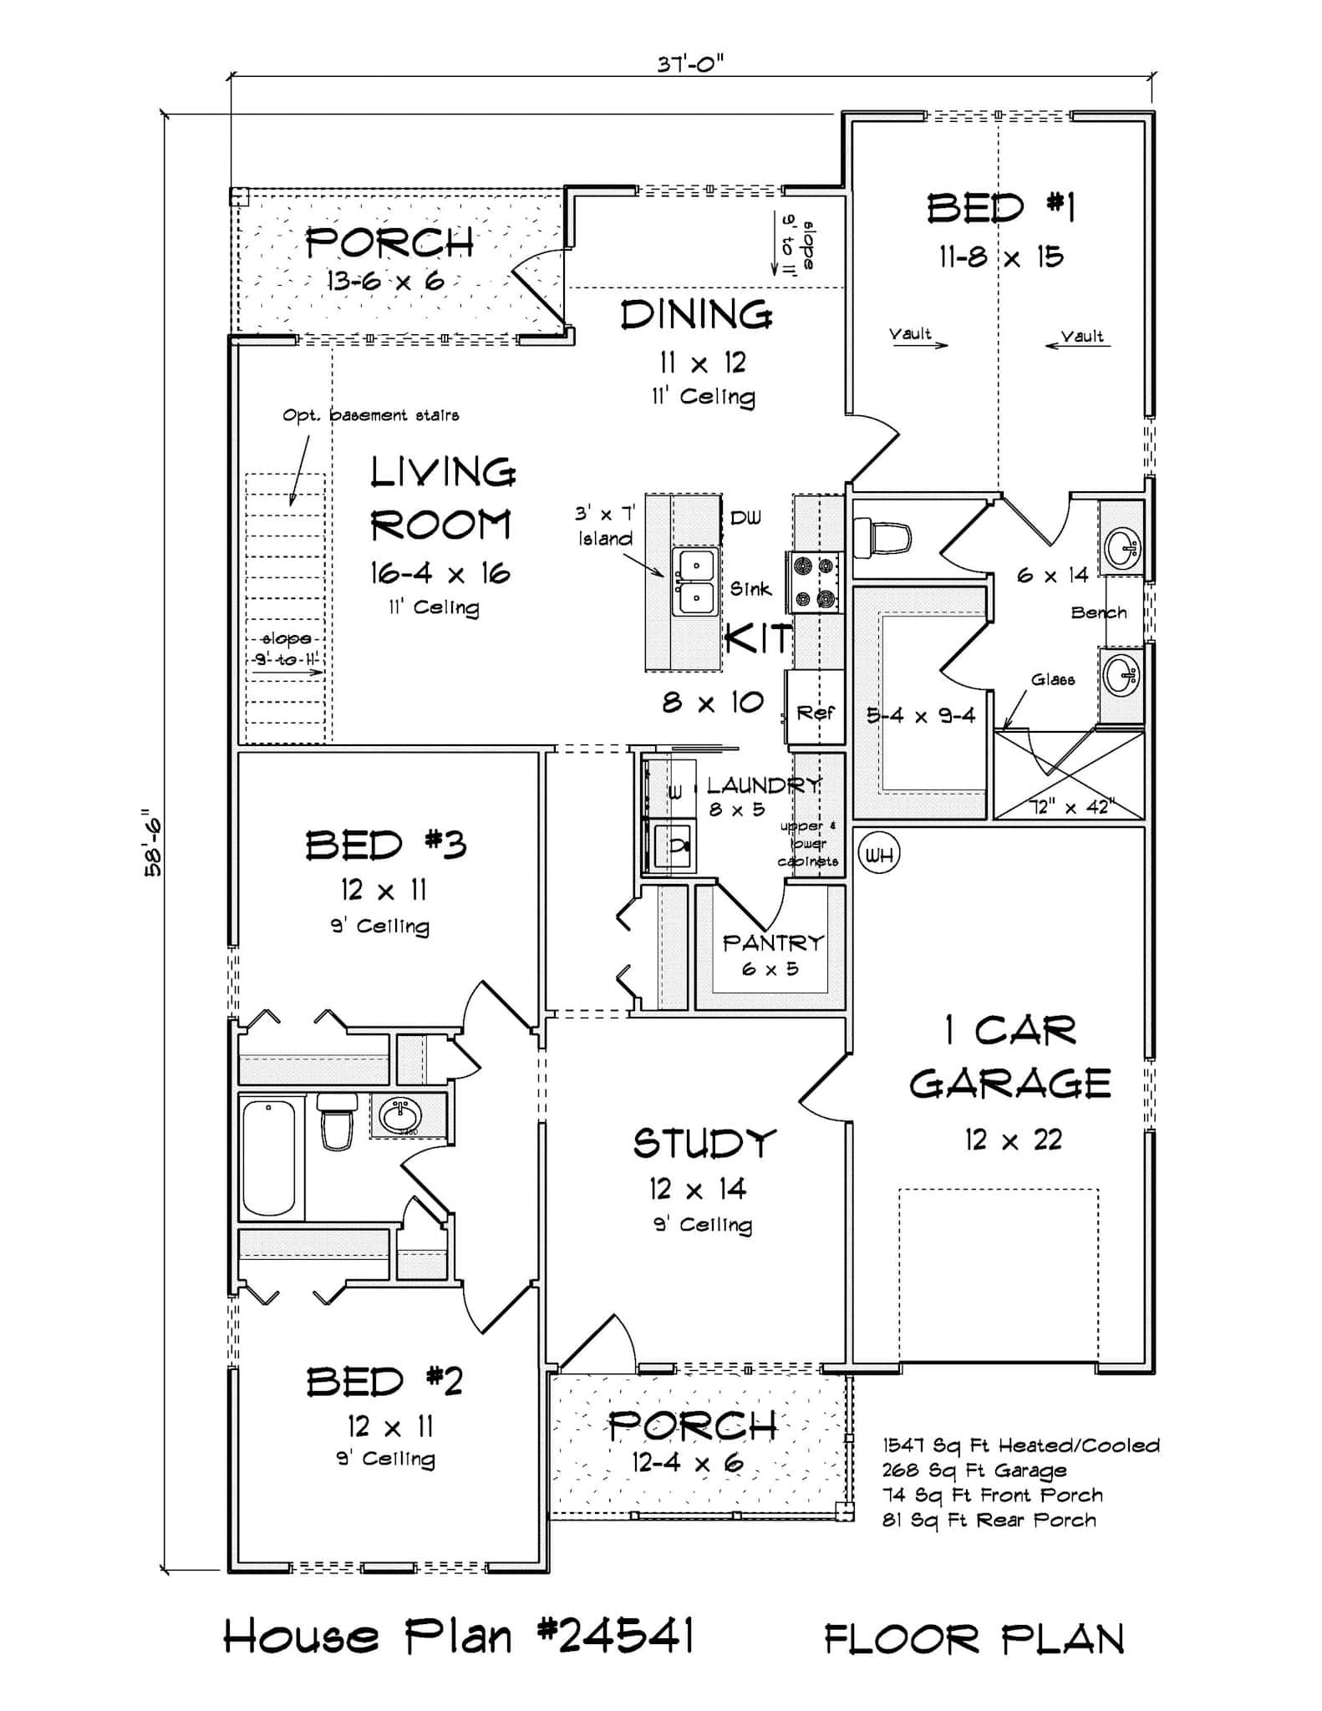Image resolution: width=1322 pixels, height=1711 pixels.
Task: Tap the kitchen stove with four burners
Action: pos(815,582)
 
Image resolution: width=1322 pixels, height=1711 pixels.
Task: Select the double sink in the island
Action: pos(695,581)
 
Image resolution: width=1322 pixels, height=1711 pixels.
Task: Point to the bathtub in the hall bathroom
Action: pos(269,1159)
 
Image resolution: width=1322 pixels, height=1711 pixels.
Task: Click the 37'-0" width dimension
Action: pos(689,64)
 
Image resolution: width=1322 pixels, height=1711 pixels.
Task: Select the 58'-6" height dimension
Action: pos(153,842)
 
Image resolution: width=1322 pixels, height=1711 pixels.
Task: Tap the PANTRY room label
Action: pos(772,943)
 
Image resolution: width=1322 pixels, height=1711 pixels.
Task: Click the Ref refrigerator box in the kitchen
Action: pos(815,712)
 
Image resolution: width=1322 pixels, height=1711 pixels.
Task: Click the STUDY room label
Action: pos(704,1144)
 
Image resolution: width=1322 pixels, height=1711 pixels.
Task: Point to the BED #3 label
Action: pos(385,845)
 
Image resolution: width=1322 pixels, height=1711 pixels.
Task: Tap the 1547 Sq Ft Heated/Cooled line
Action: pos(1020,1446)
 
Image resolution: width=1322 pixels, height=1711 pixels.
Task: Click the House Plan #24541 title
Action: pos(459,1636)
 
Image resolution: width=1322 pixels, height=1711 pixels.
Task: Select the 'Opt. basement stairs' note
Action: pos(370,415)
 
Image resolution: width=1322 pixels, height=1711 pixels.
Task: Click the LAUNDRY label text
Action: pos(762,785)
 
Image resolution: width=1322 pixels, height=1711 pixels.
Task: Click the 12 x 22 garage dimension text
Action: pos(1012,1140)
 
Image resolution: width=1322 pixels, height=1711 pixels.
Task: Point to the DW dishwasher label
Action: pos(745,518)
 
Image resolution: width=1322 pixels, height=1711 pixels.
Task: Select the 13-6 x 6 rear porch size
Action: pos(384,282)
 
